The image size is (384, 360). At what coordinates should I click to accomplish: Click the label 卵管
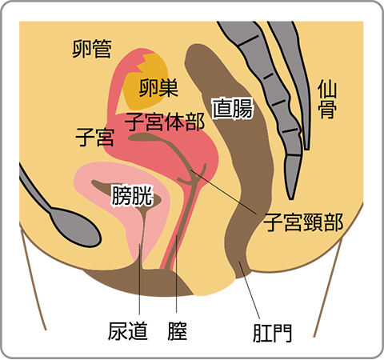coord(92,49)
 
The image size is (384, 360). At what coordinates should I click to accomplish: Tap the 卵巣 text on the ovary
coord(158,88)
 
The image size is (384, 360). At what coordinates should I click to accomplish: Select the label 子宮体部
coord(165,122)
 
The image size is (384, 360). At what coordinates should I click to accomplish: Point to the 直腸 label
coord(232,109)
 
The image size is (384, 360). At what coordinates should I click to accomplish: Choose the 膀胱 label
coord(132,196)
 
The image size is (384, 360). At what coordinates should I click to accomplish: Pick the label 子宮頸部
coord(303,222)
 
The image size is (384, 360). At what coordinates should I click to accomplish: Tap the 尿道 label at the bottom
coord(128,331)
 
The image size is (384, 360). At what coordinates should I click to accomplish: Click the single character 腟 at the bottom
coord(178,331)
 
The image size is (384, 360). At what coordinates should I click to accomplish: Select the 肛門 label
coord(272,333)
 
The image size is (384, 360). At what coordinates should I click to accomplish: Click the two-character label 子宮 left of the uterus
coord(95,137)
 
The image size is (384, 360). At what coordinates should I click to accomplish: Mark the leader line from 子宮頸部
coord(223,192)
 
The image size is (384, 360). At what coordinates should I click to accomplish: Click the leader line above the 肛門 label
coord(250,290)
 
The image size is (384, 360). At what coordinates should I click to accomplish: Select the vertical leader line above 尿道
coord(139,279)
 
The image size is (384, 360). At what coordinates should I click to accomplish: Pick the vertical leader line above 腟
coord(176,274)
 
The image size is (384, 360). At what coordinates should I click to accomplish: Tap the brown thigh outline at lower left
coord(33,278)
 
